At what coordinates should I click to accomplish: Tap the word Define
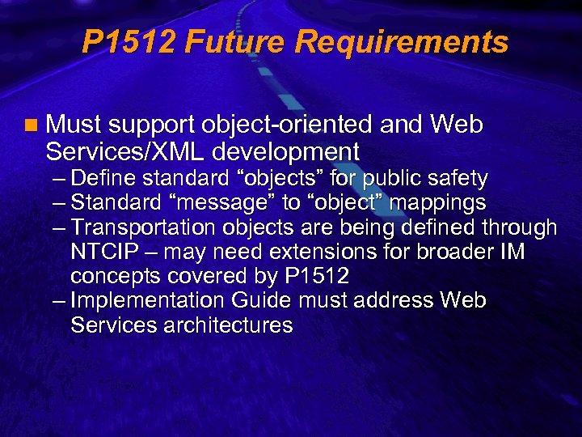(x=104, y=178)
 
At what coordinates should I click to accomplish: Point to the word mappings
(x=439, y=202)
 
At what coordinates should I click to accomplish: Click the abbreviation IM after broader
(x=511, y=252)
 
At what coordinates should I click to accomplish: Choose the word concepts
(x=116, y=277)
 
